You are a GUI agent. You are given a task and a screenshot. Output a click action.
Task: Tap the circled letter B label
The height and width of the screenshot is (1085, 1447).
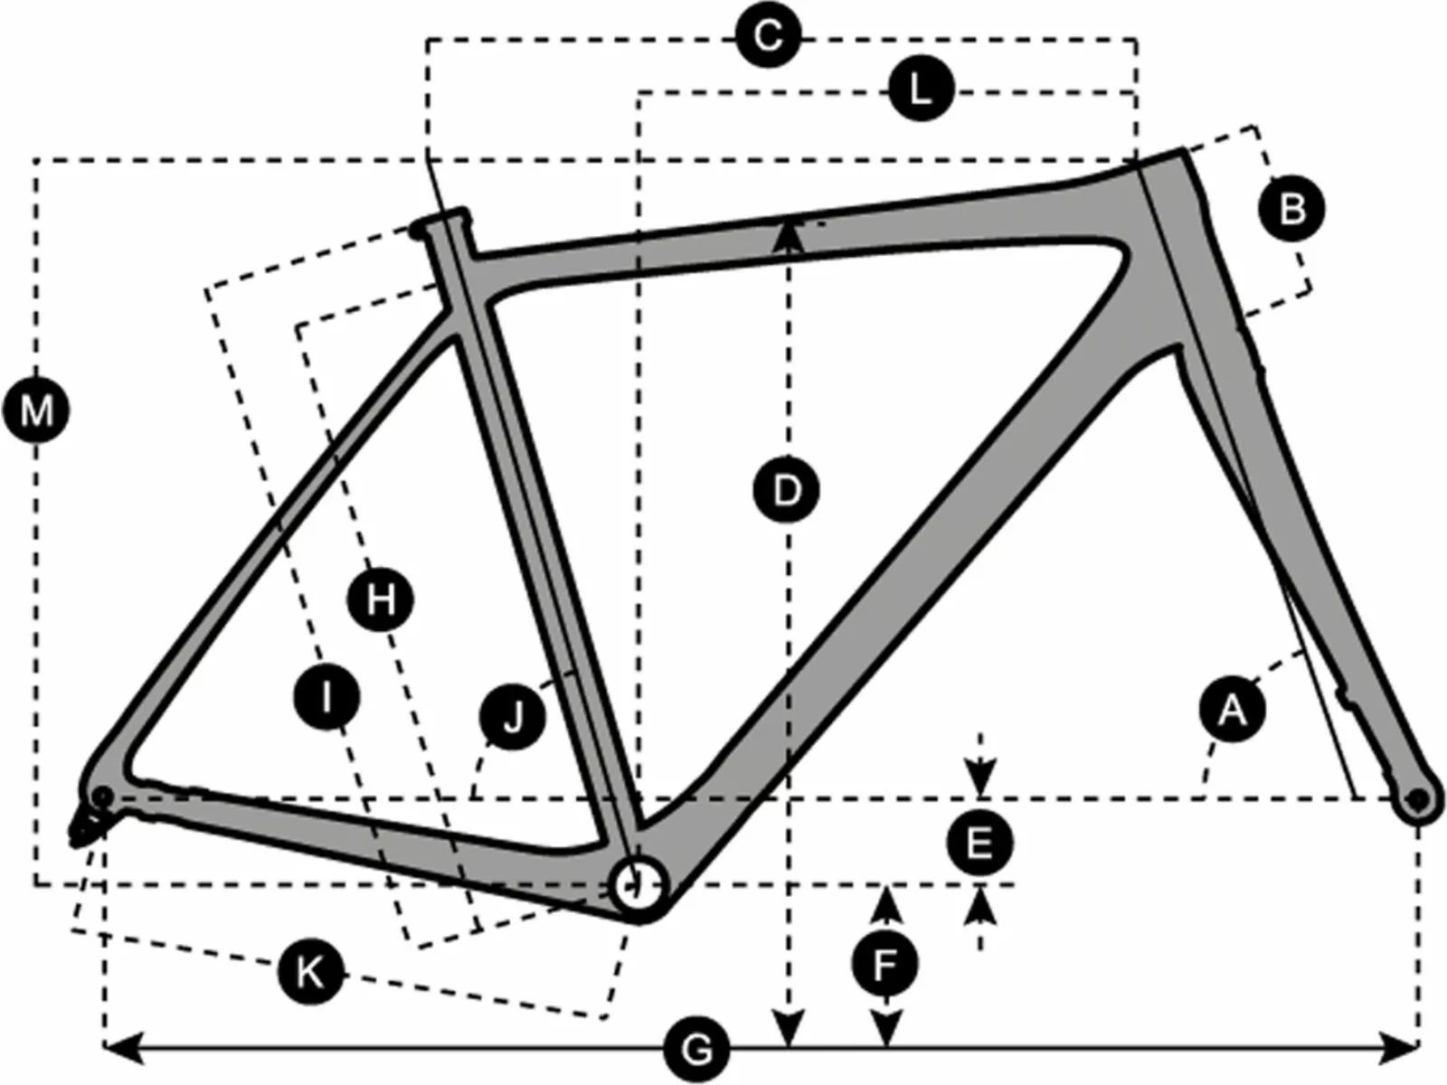click(1292, 209)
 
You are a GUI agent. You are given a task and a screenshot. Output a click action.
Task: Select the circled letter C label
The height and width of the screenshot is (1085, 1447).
click(768, 37)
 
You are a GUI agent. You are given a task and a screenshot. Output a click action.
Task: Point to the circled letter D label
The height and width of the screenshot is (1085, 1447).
click(787, 491)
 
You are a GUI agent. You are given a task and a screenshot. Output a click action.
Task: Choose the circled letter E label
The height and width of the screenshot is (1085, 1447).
click(979, 844)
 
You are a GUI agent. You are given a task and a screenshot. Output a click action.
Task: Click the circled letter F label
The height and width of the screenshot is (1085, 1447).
click(886, 964)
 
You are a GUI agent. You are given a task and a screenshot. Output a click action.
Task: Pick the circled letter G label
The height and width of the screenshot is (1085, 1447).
click(696, 1050)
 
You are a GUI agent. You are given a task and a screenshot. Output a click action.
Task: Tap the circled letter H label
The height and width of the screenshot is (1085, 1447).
click(381, 599)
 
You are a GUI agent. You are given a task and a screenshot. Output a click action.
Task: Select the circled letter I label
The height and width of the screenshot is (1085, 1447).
click(327, 696)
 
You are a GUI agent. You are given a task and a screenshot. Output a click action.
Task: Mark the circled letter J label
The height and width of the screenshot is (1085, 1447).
click(513, 719)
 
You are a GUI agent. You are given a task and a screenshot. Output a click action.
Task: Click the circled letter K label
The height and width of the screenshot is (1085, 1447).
click(310, 973)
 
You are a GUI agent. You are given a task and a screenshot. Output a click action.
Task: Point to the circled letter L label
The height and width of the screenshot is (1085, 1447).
click(921, 90)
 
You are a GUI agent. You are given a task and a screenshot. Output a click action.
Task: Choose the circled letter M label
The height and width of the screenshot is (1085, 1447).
click(37, 412)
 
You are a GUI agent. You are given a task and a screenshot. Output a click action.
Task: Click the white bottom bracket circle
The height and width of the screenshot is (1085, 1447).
click(638, 884)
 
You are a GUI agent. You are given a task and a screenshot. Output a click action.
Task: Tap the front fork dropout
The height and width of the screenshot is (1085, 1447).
click(1418, 799)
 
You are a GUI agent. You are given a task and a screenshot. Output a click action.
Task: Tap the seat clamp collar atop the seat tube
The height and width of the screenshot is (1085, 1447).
click(442, 221)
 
